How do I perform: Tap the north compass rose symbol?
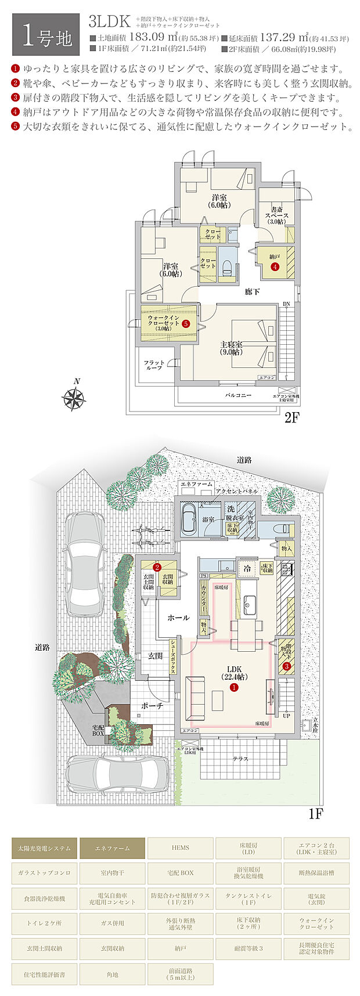pos(74,398)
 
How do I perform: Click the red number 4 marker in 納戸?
pos(275,267)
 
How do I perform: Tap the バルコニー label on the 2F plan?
pos(238,395)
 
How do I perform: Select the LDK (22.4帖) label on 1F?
pos(234,673)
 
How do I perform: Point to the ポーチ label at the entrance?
pos(152,706)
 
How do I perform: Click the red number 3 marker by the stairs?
pos(287,666)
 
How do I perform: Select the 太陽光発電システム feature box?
pos(44,848)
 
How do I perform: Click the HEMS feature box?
pos(180,848)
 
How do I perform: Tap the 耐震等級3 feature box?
pos(249,948)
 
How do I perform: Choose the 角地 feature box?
pos(112,974)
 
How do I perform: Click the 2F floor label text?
pos(291,418)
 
